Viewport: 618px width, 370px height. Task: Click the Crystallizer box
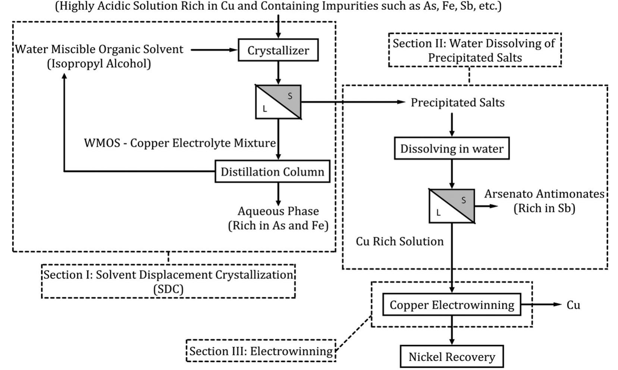tap(278, 50)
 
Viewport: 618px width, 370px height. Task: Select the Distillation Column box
tap(272, 172)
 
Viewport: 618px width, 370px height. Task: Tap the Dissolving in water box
tap(452, 149)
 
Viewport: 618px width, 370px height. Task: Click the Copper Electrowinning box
tap(452, 305)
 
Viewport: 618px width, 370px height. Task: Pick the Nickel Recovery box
tap(452, 357)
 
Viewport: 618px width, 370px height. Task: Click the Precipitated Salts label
tap(457, 102)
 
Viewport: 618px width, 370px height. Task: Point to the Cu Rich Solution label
tap(399, 241)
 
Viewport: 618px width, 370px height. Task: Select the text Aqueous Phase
tap(278, 211)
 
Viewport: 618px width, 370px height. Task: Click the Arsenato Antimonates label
tap(544, 194)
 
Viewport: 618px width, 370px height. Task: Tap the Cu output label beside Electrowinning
tap(573, 305)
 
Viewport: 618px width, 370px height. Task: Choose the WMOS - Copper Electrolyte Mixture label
tap(180, 143)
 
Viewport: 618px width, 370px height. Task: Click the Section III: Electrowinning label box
tap(261, 351)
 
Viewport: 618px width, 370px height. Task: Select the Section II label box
tap(474, 50)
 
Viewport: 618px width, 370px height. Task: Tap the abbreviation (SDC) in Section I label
tap(168, 289)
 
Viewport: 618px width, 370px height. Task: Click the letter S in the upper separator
tap(290, 96)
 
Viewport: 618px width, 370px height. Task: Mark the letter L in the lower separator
tap(438, 213)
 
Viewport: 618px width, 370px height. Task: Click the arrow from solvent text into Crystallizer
tap(214, 50)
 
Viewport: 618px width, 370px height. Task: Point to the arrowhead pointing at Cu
tap(558, 304)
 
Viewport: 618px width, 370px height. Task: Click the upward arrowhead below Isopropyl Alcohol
tap(65, 76)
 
